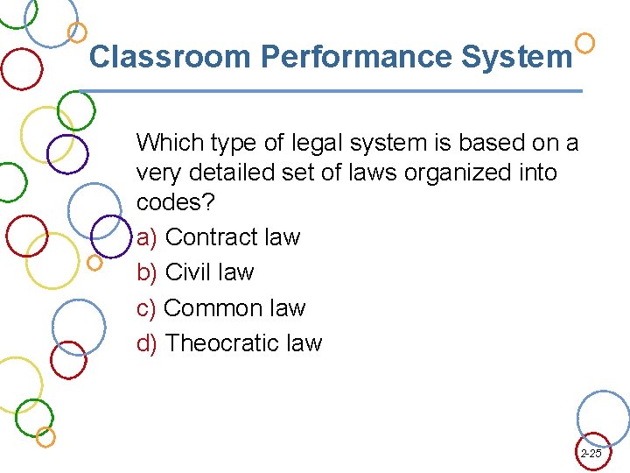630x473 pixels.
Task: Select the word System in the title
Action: coord(516,58)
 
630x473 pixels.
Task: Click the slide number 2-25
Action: coord(591,454)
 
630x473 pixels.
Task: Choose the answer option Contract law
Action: coord(232,237)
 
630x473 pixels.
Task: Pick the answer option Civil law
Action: coord(209,272)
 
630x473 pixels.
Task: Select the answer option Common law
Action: coord(234,308)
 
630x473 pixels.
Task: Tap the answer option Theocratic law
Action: coord(243,343)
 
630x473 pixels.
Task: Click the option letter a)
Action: coord(147,237)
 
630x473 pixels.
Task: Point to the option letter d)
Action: coord(147,343)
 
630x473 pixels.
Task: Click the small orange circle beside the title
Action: coord(585,42)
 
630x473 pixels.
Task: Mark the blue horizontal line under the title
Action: coord(332,91)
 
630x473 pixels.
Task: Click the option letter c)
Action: coord(147,308)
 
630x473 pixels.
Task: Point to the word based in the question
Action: coord(478,142)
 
